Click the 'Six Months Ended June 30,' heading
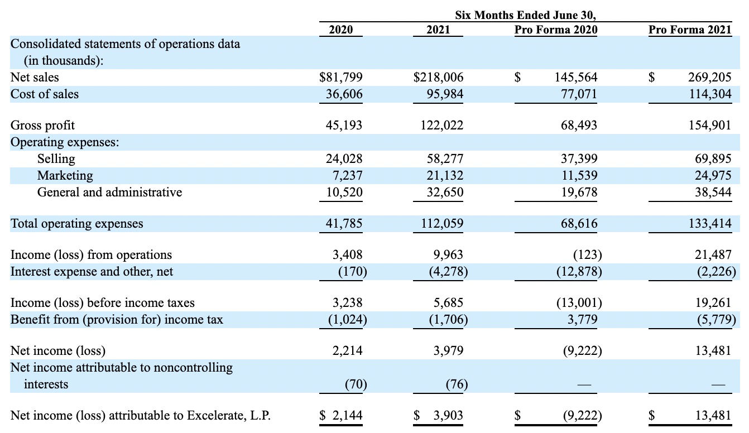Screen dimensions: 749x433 pos(525,15)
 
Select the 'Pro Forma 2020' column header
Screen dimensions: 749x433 pos(556,30)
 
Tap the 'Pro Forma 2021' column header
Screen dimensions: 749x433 pos(690,30)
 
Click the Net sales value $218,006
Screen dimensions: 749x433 pos(438,77)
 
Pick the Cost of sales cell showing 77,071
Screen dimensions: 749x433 pos(579,94)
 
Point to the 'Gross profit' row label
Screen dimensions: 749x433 pos(42,126)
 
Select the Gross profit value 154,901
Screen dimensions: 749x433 pos(710,125)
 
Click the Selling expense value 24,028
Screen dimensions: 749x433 pos(344,158)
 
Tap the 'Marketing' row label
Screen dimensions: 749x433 pos(65,176)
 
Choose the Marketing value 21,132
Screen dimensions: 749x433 pos(445,175)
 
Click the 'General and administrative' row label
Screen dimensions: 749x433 pos(110,193)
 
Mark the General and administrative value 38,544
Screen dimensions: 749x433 pos(713,193)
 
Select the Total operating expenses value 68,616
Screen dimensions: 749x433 pos(579,223)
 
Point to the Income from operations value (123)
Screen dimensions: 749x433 pos(588,255)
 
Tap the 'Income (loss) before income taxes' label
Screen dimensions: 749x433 pos(102,303)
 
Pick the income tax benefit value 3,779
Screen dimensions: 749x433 pos(582,319)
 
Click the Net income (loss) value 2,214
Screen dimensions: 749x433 pos(347,351)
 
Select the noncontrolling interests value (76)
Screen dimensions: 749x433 pos(457,384)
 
